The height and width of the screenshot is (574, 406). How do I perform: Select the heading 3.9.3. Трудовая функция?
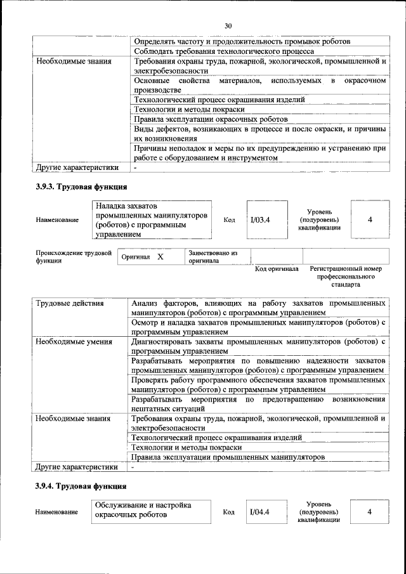coord(81,187)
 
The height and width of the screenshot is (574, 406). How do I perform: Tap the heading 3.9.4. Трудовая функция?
coord(81,486)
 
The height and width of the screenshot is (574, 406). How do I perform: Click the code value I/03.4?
coord(260,220)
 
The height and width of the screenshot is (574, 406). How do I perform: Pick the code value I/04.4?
coord(260,512)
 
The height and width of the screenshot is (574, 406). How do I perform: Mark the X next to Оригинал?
coord(160,258)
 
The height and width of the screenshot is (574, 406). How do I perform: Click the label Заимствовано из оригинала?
coord(213,257)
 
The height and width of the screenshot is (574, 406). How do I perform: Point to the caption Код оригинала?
coord(277,269)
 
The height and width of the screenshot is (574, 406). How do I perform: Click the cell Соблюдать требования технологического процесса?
coord(224,51)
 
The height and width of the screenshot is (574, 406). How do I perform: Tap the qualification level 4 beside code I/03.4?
coord(370,220)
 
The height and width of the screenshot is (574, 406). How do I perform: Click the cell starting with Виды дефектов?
coord(259,133)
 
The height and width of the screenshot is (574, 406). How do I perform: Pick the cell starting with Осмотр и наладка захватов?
coord(259,327)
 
